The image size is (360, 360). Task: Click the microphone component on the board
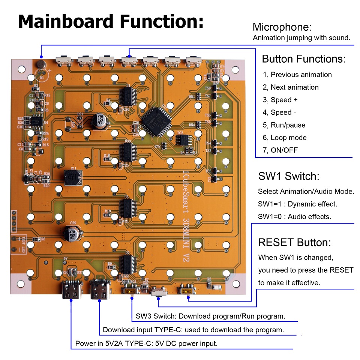(40, 64)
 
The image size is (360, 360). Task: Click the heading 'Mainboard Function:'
(111, 21)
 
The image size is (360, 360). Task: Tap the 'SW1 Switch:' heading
(289, 176)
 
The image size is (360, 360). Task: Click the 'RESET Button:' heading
(294, 242)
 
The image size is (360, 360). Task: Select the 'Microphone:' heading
(282, 27)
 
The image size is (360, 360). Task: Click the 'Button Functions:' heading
(304, 59)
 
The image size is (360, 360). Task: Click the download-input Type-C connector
(99, 289)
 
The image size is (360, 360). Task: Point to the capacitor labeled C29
(71, 232)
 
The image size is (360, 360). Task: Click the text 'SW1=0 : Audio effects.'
(294, 217)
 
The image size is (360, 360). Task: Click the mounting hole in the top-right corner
(235, 69)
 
